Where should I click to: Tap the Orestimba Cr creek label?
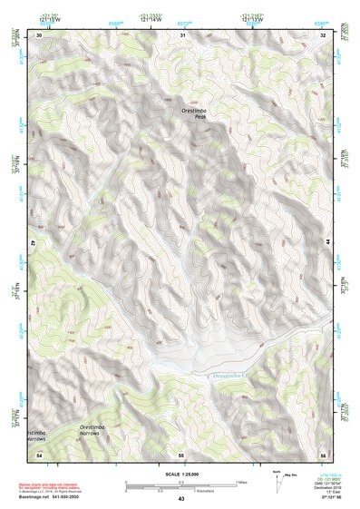235,375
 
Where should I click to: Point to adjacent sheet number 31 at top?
182,34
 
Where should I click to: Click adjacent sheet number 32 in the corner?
323,34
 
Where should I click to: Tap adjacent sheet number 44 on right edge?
328,243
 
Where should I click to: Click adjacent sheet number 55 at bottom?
181,453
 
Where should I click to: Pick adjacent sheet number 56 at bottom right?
323,453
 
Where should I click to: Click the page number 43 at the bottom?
180,499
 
